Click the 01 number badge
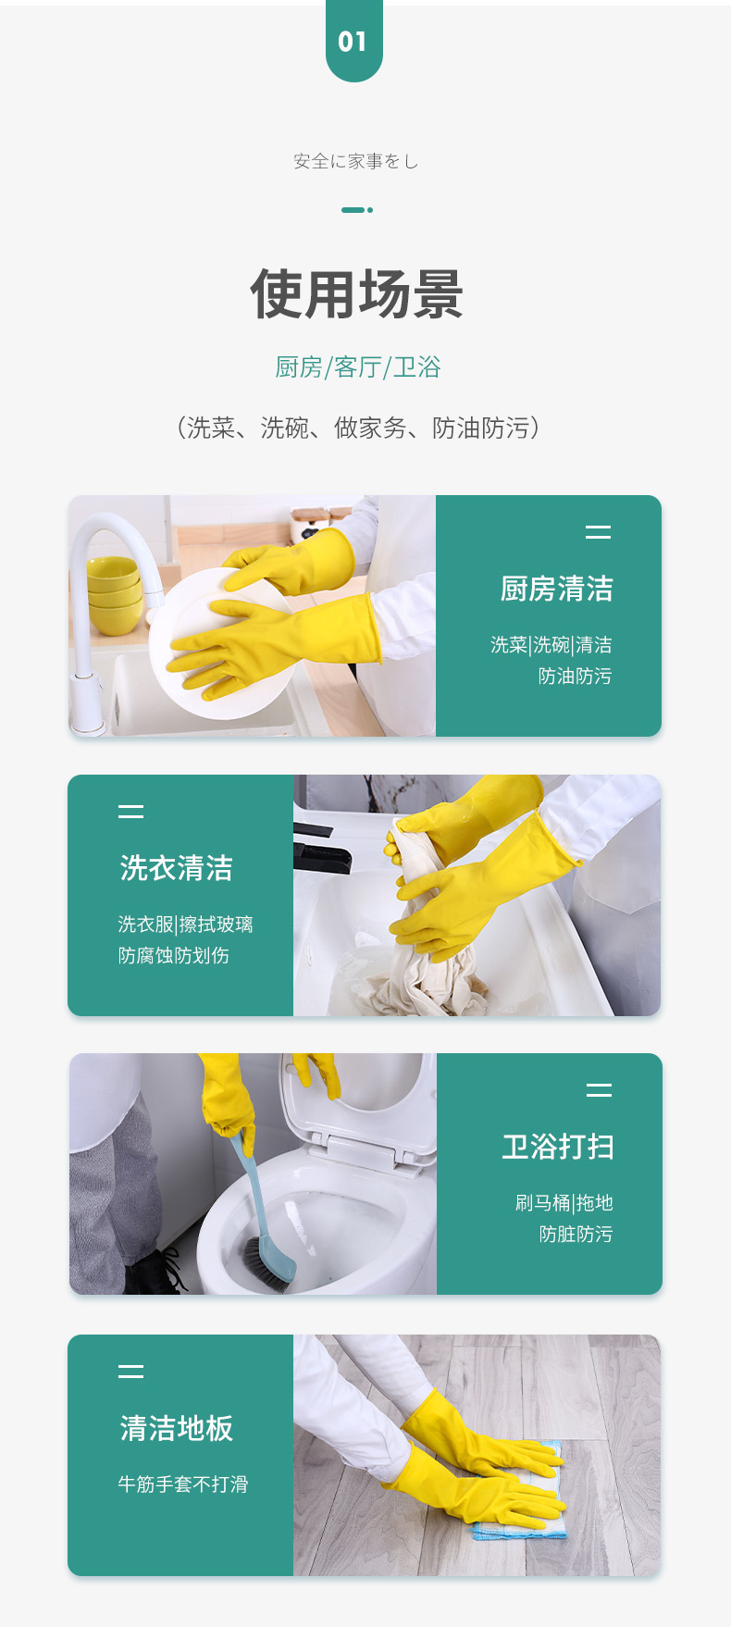(353, 41)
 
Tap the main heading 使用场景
(356, 294)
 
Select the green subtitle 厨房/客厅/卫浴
(357, 367)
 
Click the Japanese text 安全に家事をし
(356, 162)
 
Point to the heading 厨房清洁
(556, 589)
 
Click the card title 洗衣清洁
(176, 868)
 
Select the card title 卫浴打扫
(558, 1147)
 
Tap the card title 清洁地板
(176, 1428)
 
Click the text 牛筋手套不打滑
(182, 1484)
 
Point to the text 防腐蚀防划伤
(173, 956)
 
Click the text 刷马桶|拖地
(564, 1203)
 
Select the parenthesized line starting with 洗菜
(357, 428)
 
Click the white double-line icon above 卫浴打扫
(599, 1090)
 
